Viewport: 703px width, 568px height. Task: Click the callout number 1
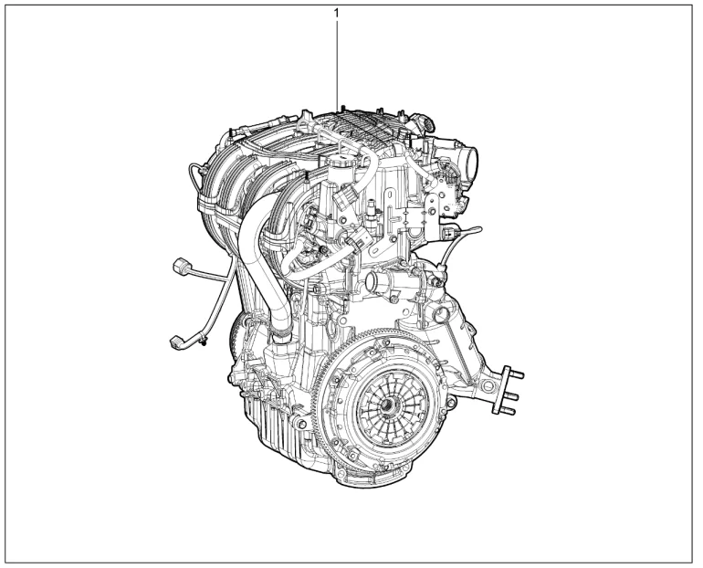(337, 14)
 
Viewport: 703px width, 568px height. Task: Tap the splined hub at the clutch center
(387, 406)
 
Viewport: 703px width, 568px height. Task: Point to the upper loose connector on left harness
(179, 267)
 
